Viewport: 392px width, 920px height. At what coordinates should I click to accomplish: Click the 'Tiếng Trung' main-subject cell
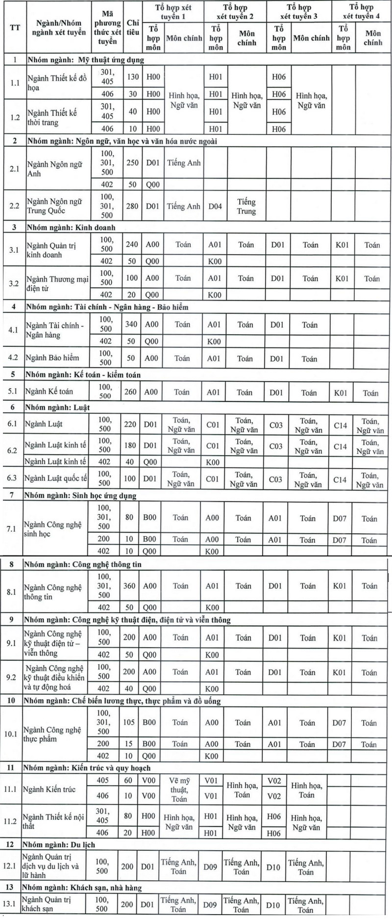click(x=246, y=206)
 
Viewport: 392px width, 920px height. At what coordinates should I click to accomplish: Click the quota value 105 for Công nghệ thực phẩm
click(x=129, y=722)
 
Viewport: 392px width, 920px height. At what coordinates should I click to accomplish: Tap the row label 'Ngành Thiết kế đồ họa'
click(x=57, y=83)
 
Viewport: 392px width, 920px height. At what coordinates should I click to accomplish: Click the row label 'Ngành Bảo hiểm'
click(x=52, y=358)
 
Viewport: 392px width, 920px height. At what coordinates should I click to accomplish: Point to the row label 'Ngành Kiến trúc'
click(x=49, y=789)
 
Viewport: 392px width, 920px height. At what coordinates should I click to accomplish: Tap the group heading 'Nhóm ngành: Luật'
click(x=57, y=407)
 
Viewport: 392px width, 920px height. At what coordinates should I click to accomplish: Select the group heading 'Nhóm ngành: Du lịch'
click(x=59, y=845)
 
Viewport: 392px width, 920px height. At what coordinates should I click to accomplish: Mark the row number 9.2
click(x=11, y=677)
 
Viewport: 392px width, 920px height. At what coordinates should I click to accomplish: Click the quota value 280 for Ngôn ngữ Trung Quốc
click(x=132, y=206)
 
